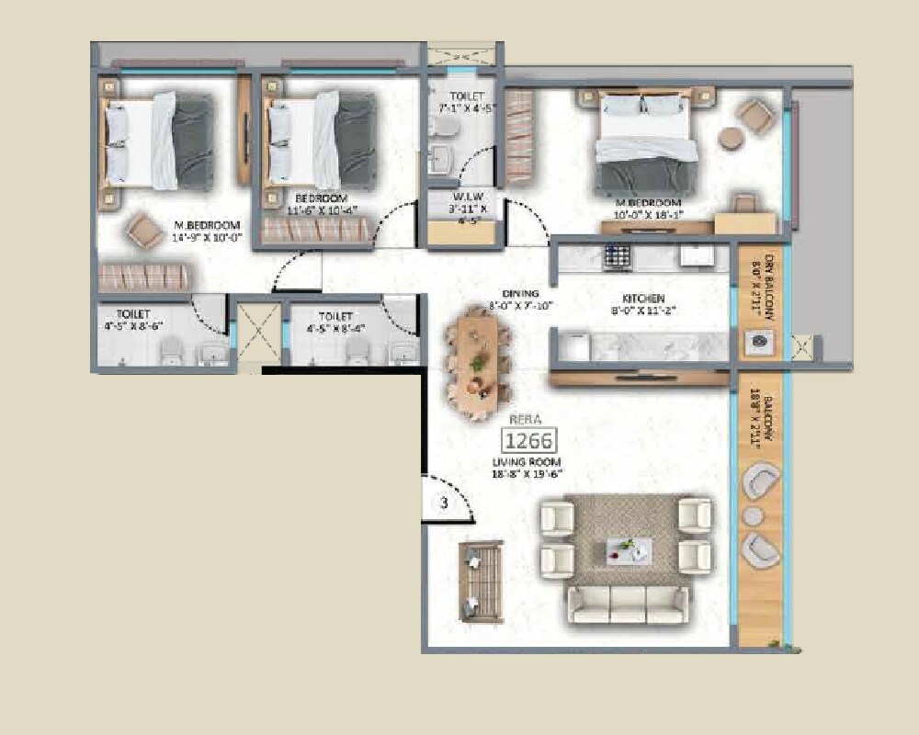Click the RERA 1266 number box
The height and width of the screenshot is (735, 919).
point(528,440)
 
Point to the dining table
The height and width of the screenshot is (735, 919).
point(478,361)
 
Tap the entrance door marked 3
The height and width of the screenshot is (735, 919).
point(444,503)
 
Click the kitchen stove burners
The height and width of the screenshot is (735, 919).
point(617,255)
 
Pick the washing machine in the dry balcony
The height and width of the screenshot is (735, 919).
point(760,341)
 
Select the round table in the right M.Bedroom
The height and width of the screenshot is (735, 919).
point(731,140)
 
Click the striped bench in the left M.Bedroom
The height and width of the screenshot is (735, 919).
point(144,276)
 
